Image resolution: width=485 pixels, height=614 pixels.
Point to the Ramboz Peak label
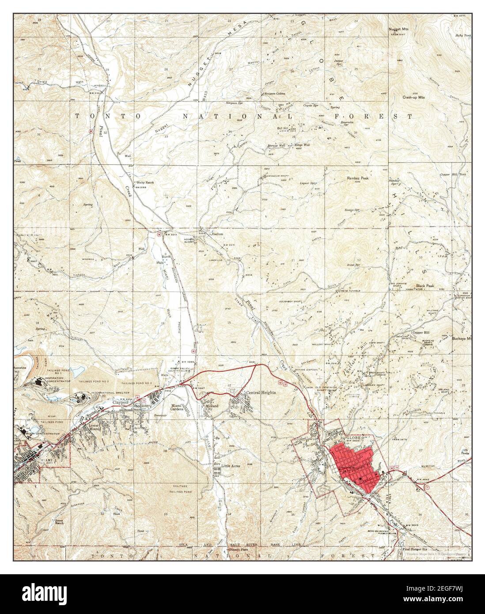tap(357, 178)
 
